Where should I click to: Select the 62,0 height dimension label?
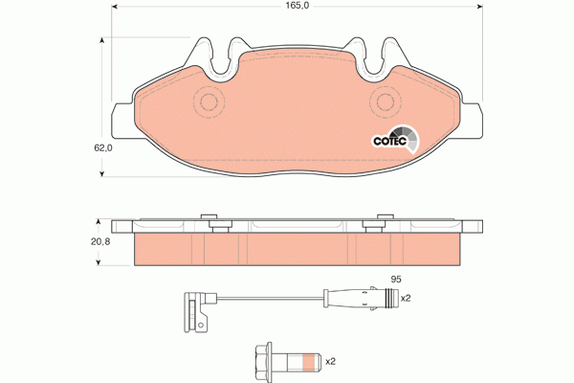(103, 148)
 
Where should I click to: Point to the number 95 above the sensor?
(392, 279)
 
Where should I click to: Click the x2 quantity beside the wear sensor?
(405, 298)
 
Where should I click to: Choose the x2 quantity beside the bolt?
(331, 361)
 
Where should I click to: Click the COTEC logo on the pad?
(392, 139)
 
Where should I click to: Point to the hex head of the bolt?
(263, 361)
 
